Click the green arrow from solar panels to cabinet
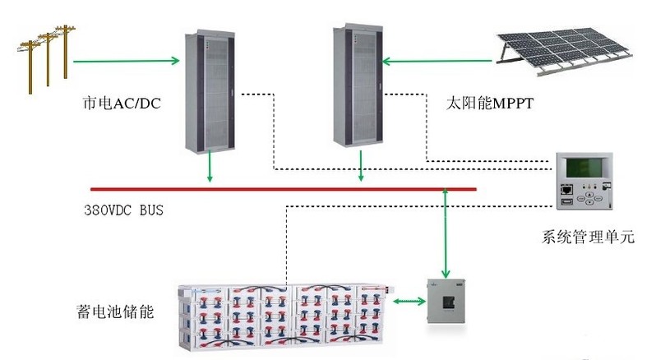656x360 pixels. [x=440, y=60]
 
